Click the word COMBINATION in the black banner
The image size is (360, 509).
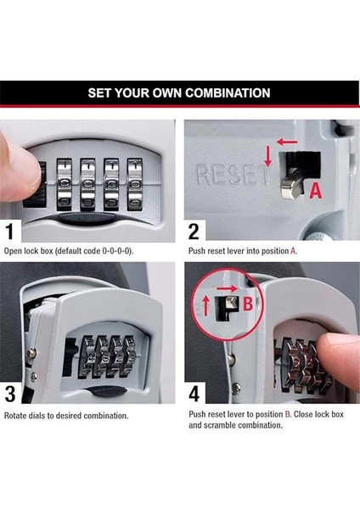[228, 92]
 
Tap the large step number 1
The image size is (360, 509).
[9, 231]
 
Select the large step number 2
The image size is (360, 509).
[194, 231]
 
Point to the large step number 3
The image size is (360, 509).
[10, 394]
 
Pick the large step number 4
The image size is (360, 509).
[194, 394]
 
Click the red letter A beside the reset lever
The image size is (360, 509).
[315, 191]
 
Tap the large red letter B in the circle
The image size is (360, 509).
[248, 305]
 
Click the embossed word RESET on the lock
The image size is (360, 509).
[233, 175]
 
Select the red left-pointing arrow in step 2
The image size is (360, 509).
[287, 142]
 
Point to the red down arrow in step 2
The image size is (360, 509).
[267, 156]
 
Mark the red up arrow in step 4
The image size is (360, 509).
[205, 305]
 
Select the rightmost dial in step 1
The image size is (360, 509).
[134, 184]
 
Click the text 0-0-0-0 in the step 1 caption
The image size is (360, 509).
[116, 251]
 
